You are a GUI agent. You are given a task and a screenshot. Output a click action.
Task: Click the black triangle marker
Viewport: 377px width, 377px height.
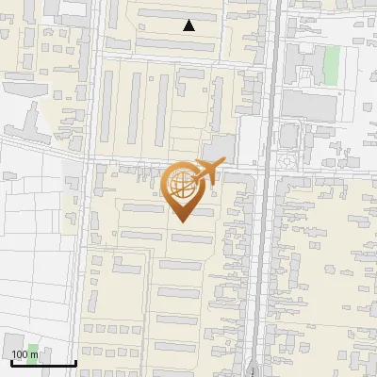pyautogui.click(x=189, y=26)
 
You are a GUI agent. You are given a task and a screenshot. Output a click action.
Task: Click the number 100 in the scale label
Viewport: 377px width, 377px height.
pyautogui.click(x=20, y=354)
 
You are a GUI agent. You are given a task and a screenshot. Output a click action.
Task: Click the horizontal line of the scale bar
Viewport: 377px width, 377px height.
pyautogui.click(x=42, y=363)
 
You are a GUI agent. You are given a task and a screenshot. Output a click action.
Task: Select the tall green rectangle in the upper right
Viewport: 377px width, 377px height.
pyautogui.click(x=331, y=64)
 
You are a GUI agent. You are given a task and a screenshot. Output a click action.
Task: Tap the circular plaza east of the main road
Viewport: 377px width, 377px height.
pyautogui.click(x=287, y=159)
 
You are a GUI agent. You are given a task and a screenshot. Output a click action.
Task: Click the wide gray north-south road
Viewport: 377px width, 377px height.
pyautogui.click(x=268, y=236)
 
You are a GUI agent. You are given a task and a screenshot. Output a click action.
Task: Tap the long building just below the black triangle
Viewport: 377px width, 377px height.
pyautogui.click(x=179, y=42)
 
